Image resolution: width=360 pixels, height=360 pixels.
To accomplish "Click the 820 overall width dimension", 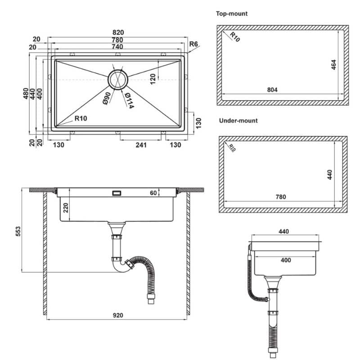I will tap(118, 32).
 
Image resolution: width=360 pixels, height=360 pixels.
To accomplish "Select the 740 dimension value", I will tap(118, 47).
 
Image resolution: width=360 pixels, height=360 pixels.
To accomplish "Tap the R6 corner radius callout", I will tap(194, 44).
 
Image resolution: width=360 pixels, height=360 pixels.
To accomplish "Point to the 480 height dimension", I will tap(26, 94).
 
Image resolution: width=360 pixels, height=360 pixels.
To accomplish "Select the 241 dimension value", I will tap(141, 145).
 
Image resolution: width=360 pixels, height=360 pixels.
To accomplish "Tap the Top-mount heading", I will tap(232, 13).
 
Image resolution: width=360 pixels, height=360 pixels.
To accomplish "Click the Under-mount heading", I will tap(238, 121).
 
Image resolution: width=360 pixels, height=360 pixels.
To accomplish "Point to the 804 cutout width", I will tap(272, 90).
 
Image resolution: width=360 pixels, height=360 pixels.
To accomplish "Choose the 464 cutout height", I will tap(333, 65).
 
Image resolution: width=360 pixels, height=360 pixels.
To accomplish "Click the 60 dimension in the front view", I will tap(153, 193).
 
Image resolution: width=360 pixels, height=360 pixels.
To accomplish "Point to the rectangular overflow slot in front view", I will tap(117, 193).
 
